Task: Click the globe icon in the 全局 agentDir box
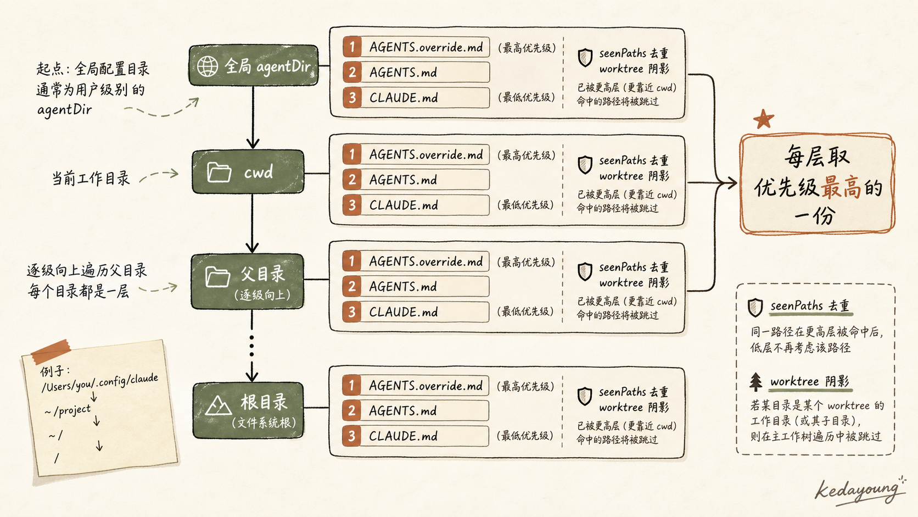point(208,66)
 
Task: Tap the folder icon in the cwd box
point(219,172)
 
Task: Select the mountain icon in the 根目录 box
point(218,406)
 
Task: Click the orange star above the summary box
point(764,119)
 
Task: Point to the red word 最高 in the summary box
point(841,187)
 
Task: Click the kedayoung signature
point(859,491)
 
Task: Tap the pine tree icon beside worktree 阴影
point(756,382)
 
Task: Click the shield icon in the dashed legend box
point(755,308)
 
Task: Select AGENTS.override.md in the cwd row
point(426,154)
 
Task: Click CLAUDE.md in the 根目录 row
point(403,436)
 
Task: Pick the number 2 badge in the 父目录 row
point(351,286)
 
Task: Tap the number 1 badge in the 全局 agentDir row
point(352,47)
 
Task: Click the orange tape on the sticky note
point(51,352)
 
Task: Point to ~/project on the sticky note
point(68,410)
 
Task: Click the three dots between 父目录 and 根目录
point(251,346)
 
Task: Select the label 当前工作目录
point(91,179)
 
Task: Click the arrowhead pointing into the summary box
point(732,183)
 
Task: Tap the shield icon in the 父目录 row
point(585,271)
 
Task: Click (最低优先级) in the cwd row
point(525,204)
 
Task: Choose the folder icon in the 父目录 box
point(217,277)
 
